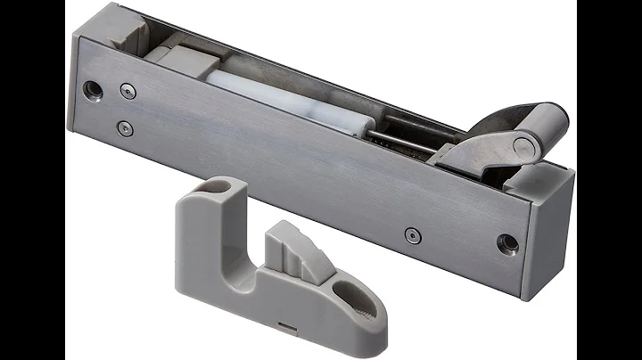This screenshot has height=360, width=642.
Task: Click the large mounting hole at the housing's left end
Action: pos(91,90)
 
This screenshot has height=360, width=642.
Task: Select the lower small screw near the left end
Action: pos(126,127)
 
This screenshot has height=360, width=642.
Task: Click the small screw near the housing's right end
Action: pos(410,234)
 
